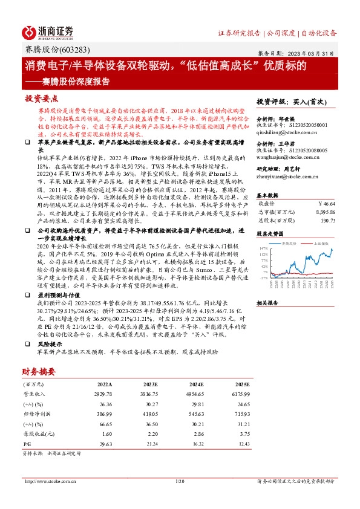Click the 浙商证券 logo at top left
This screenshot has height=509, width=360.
pyautogui.click(x=48, y=31)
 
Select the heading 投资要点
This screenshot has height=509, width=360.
pyautogui.click(x=41, y=98)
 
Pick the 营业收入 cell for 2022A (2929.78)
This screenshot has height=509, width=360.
pyautogui.click(x=104, y=393)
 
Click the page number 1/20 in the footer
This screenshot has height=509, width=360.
pyautogui.click(x=179, y=481)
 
